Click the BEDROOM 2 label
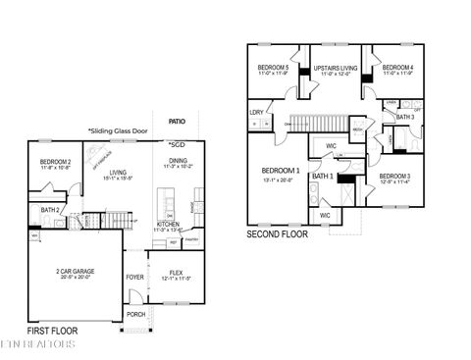click(55, 161)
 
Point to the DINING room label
click(179, 161)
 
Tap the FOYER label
click(134, 277)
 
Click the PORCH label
click(135, 314)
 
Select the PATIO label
click(176, 121)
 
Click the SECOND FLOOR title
click(278, 234)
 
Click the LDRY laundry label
click(257, 113)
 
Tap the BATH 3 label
click(405, 117)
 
